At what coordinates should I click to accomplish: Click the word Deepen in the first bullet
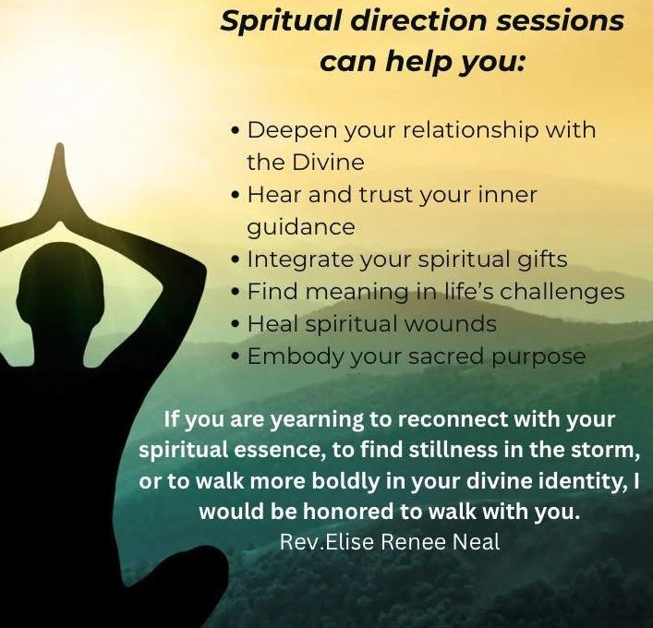click(293, 131)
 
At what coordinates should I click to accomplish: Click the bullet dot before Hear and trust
click(236, 195)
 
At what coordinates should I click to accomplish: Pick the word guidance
click(301, 228)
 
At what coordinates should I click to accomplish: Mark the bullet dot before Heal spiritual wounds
click(236, 324)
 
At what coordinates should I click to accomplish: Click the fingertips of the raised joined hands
click(60, 147)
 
